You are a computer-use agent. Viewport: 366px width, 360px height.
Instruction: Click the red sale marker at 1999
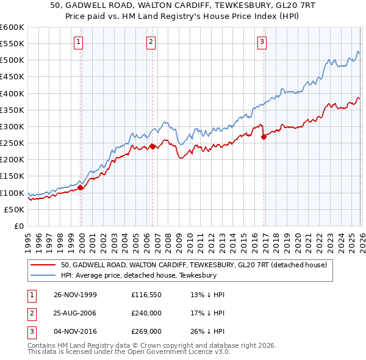pyautogui.click(x=81, y=187)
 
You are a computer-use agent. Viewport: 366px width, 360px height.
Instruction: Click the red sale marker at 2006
pyautogui.click(x=152, y=146)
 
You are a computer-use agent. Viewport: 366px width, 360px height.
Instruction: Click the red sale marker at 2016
pyautogui.click(x=263, y=137)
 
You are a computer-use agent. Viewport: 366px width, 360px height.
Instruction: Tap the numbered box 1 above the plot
pyautogui.click(x=79, y=42)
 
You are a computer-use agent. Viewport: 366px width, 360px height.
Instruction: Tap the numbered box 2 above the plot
pyautogui.click(x=151, y=42)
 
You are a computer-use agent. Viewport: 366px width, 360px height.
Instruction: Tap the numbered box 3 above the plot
pyautogui.click(x=262, y=42)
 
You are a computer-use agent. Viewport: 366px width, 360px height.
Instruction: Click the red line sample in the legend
pyautogui.click(x=44, y=265)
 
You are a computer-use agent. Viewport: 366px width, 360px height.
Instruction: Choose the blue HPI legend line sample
pyautogui.click(x=44, y=276)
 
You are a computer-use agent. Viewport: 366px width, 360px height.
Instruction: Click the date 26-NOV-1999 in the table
pyautogui.click(x=75, y=295)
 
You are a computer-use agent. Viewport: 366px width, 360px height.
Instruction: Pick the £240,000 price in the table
pyautogui.click(x=146, y=313)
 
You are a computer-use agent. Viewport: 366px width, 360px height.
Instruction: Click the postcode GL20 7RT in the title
pyautogui.click(x=278, y=6)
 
